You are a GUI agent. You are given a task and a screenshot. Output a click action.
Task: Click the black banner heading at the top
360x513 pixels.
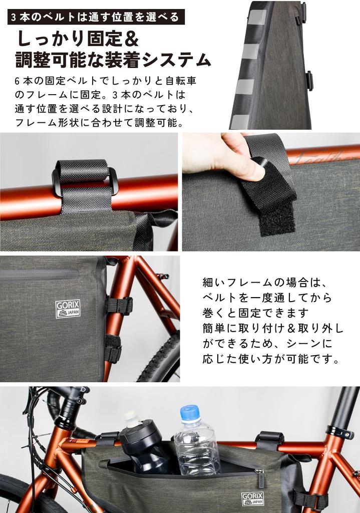point(95,17)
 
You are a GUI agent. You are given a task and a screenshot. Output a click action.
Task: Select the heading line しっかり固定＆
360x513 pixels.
point(78,39)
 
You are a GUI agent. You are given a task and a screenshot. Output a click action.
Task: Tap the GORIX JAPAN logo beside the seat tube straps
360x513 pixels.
point(68,309)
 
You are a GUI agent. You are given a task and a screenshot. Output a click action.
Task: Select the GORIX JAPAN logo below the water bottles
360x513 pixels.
point(252,498)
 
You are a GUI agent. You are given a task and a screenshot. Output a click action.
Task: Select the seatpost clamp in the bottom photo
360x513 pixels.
point(339,431)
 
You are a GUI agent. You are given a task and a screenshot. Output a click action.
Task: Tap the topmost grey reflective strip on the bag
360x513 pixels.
point(257,18)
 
